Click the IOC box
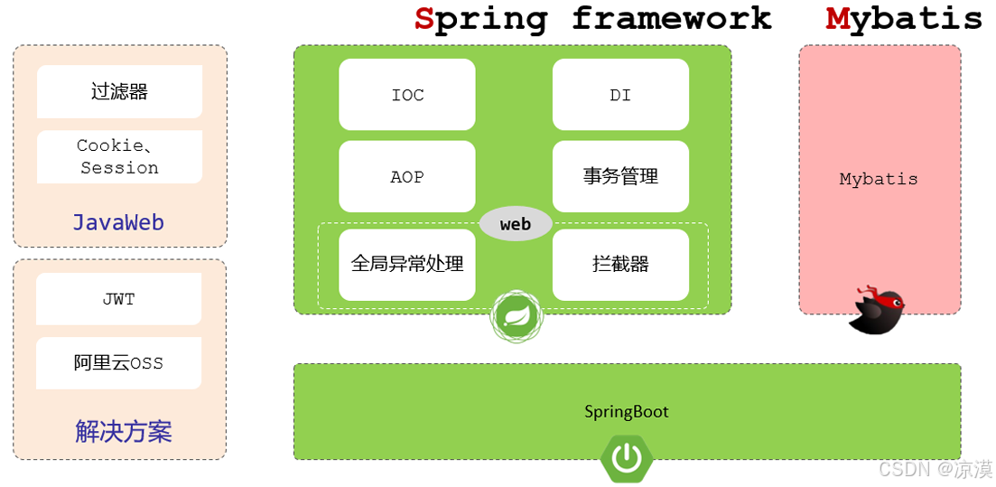click(x=406, y=95)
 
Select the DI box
click(x=620, y=95)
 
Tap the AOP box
click(x=406, y=177)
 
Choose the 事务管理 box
click(x=620, y=177)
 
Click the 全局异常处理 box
click(x=406, y=264)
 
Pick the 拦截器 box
click(x=620, y=264)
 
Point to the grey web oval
click(x=516, y=224)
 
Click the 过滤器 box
click(x=119, y=91)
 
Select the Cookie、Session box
click(x=119, y=156)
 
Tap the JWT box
click(x=119, y=299)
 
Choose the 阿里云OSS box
click(x=119, y=363)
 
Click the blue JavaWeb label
click(x=118, y=222)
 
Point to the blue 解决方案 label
click(x=123, y=431)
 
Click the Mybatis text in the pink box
click(x=879, y=179)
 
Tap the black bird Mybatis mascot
click(x=877, y=311)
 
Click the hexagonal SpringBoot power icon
click(x=627, y=458)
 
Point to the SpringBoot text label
click(x=627, y=412)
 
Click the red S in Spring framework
click(x=424, y=18)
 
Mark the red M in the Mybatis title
click(x=838, y=18)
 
